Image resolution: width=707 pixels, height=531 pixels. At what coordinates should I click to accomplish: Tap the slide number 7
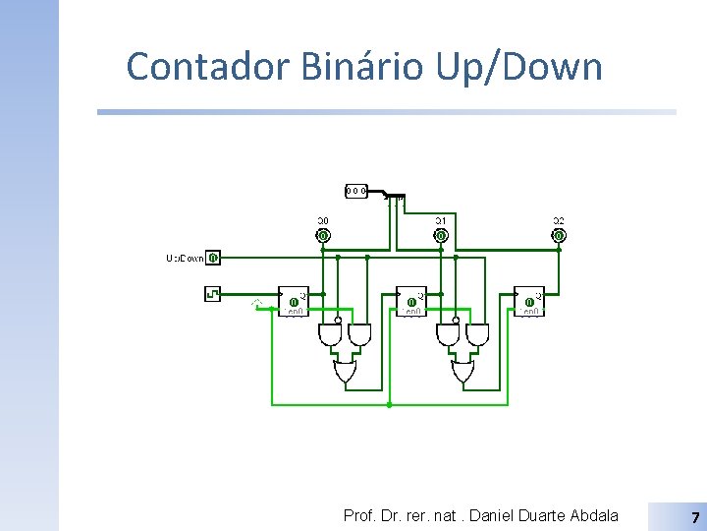695,517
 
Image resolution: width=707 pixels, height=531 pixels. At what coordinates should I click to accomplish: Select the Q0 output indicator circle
323,236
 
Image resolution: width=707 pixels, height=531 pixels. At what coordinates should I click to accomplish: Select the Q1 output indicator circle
441,236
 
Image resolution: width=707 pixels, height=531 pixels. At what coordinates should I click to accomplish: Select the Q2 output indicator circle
559,236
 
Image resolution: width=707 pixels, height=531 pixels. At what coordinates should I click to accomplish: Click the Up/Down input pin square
214,258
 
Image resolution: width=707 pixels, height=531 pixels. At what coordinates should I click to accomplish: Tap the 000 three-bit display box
356,190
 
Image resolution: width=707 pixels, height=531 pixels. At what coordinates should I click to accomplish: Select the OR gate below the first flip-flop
345,372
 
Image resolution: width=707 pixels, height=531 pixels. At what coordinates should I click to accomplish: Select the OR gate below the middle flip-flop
462,372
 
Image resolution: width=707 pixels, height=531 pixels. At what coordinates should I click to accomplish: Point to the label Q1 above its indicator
441,220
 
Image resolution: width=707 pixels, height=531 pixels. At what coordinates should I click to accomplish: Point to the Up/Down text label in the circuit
185,259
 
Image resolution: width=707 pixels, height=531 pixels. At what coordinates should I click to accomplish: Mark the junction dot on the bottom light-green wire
390,404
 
